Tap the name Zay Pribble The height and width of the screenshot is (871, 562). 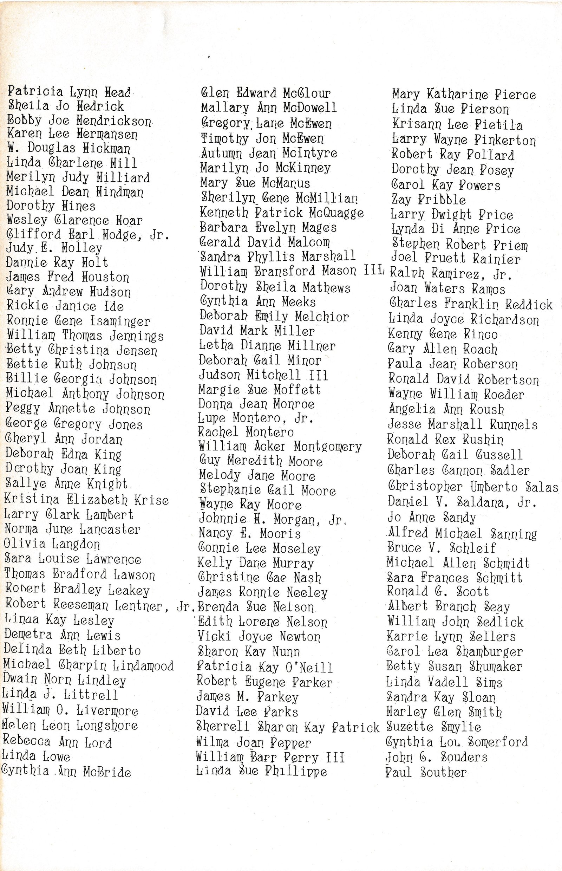[x=429, y=200]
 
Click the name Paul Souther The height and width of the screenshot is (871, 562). [x=426, y=772]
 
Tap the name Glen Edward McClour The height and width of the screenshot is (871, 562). [x=266, y=93]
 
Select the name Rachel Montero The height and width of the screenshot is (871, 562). [x=246, y=432]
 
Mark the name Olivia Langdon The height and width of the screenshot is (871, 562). [x=52, y=544]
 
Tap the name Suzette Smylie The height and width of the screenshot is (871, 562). [x=433, y=727]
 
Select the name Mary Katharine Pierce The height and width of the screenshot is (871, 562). [x=464, y=95]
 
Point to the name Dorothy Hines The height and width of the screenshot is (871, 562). [x=51, y=206]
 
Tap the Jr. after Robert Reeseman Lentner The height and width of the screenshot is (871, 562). [x=186, y=607]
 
